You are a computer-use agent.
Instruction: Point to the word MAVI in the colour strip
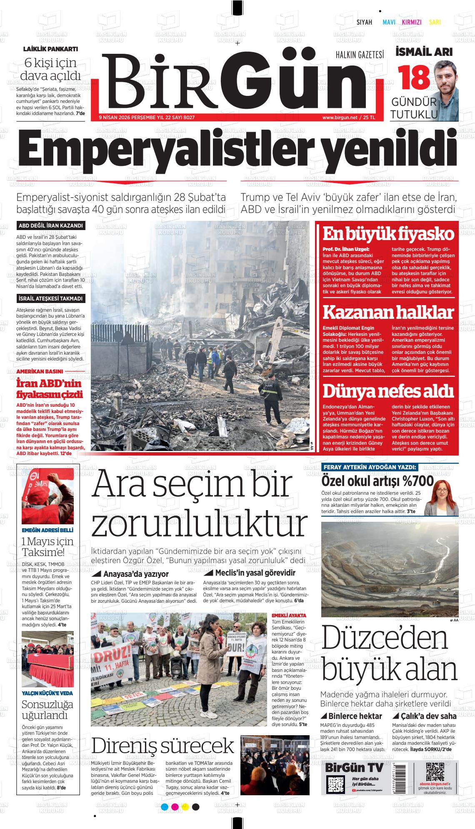click(x=389, y=23)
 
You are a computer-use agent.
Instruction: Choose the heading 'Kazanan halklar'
click(x=388, y=313)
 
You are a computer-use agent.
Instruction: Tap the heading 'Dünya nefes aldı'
click(x=388, y=392)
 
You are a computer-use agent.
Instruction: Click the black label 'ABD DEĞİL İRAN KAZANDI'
click(x=51, y=226)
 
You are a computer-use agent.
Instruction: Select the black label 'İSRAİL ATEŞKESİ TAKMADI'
click(x=51, y=298)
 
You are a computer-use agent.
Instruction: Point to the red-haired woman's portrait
click(x=441, y=498)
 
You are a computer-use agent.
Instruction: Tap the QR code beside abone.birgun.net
click(x=434, y=772)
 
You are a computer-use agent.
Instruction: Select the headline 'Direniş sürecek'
click(x=162, y=746)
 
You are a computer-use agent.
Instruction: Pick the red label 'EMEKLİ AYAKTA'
click(x=289, y=615)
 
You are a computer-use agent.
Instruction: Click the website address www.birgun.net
click(x=340, y=118)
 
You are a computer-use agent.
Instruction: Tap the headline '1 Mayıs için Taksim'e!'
click(x=47, y=546)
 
